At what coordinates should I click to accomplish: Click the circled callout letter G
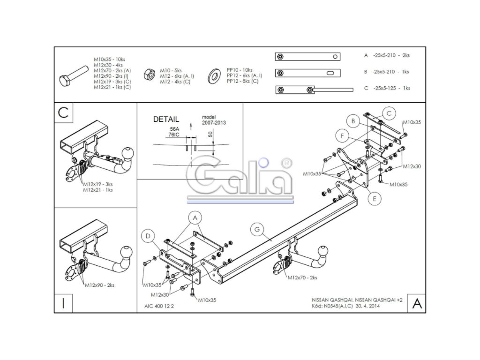(x=257, y=229)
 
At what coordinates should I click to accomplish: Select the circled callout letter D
(x=148, y=236)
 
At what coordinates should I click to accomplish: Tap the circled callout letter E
(x=375, y=199)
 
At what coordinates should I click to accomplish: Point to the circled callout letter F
(x=342, y=135)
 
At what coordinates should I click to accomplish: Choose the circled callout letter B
(x=353, y=121)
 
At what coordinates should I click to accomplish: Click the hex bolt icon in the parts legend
(x=74, y=76)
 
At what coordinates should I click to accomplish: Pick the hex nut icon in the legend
(x=150, y=75)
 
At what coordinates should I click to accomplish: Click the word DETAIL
(x=166, y=119)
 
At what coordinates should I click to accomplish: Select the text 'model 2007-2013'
(x=214, y=120)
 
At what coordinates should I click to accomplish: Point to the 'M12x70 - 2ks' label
(x=302, y=277)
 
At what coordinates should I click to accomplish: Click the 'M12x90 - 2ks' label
(x=99, y=285)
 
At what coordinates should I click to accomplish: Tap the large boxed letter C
(x=63, y=112)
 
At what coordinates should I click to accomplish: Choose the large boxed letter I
(x=63, y=303)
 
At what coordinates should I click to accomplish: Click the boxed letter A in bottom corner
(x=417, y=303)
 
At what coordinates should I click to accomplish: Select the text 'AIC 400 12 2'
(x=159, y=306)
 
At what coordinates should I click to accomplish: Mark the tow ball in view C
(x=128, y=154)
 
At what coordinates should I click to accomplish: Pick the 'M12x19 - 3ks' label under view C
(x=97, y=184)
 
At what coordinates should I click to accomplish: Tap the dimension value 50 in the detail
(x=210, y=134)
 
